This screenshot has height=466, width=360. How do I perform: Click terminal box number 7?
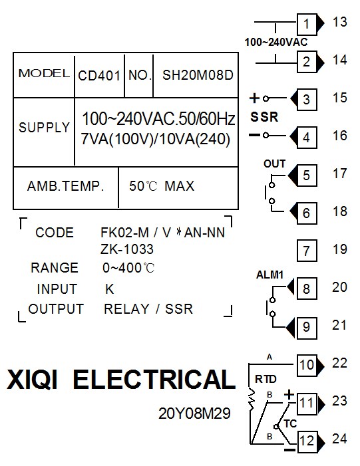point(307,251)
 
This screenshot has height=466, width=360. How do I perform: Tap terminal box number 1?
point(307,24)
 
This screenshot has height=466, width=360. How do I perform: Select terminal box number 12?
point(307,441)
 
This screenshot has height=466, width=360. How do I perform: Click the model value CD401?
point(99,76)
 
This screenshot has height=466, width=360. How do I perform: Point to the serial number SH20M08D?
point(198,75)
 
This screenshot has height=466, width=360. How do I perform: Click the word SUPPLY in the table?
point(45,128)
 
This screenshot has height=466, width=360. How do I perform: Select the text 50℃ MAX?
point(162,186)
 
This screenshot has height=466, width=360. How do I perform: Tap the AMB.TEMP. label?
point(66,186)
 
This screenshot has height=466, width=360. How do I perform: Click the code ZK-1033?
point(127,249)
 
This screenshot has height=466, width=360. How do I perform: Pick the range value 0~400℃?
point(128,268)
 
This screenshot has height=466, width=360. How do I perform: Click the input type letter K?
point(110,289)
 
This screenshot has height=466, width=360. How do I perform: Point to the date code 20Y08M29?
point(194,413)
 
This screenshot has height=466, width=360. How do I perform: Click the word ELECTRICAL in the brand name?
point(154,379)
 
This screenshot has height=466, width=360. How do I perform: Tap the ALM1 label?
point(270,275)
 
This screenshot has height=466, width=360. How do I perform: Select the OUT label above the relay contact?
point(274,164)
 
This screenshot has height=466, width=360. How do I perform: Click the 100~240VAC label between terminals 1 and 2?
point(276,42)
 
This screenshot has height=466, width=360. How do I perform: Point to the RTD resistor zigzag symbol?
point(252,398)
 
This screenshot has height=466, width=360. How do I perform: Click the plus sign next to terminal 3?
point(254,98)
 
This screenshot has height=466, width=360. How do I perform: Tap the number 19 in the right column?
point(340,249)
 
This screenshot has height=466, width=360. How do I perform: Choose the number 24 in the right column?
point(340,439)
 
